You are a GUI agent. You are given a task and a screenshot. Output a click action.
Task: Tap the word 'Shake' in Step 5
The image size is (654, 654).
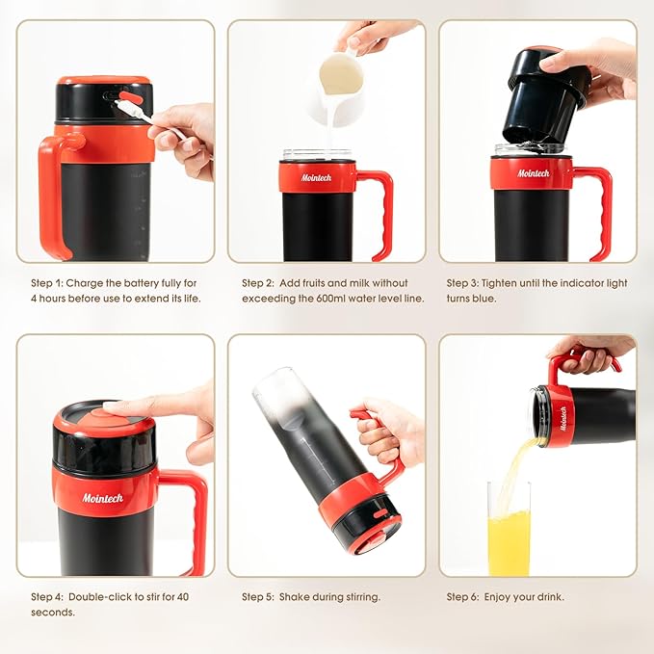point(295,596)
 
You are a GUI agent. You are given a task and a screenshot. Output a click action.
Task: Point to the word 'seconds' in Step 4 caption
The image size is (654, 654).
point(52,612)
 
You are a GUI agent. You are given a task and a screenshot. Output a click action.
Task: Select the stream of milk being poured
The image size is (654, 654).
point(327,130)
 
